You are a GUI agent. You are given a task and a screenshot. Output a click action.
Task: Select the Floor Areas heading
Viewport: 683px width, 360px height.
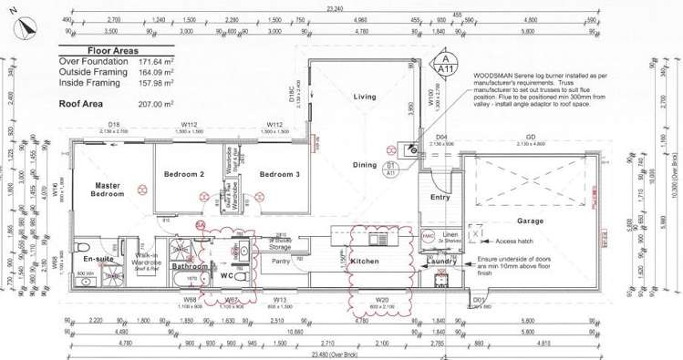[x=112, y=52]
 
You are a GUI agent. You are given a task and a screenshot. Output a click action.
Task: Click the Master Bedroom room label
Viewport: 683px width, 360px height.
[x=108, y=190]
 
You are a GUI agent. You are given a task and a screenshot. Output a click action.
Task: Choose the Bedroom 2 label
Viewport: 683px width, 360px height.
[x=183, y=173]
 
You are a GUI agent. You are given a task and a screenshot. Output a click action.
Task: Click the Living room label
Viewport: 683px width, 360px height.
[x=365, y=97]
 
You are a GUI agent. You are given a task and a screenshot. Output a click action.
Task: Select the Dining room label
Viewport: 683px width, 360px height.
[x=365, y=165]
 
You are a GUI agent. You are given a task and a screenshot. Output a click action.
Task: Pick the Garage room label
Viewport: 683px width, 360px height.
[x=530, y=221]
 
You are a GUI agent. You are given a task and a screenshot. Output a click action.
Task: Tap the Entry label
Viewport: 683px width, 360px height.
[x=440, y=197]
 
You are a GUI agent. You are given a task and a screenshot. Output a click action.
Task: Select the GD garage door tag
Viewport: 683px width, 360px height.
[x=530, y=138]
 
